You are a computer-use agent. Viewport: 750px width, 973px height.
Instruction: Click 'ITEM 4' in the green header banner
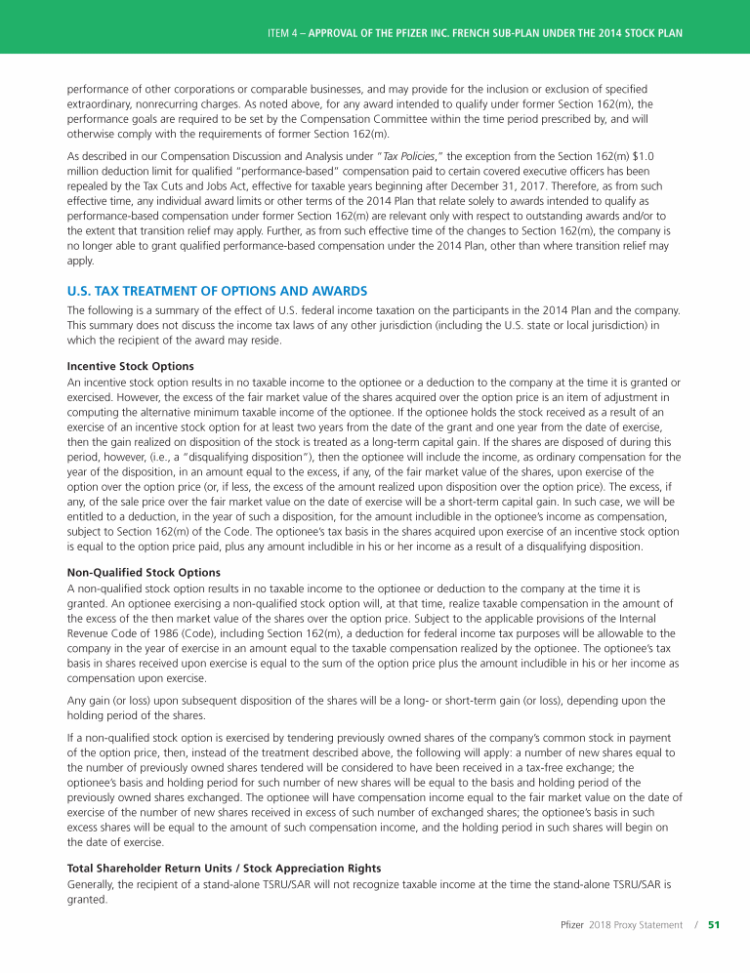point(280,33)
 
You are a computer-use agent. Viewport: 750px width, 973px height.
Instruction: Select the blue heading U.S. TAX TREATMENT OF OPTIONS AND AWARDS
point(217,291)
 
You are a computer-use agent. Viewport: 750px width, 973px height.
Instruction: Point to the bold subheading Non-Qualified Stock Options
point(143,572)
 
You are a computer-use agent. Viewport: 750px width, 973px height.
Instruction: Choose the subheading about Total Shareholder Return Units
point(224,868)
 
